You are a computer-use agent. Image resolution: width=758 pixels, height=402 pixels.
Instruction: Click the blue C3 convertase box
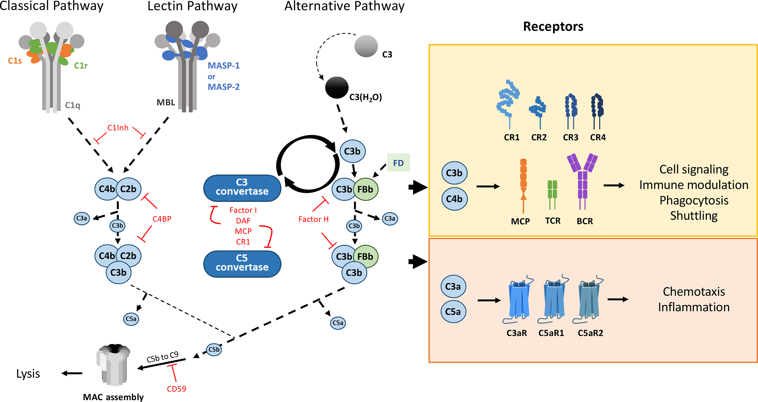(242, 188)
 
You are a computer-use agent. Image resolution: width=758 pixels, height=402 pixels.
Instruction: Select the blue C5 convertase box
(242, 263)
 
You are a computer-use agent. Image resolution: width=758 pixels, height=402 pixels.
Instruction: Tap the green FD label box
(398, 163)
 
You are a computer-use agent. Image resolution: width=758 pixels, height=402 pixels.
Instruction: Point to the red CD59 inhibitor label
(176, 389)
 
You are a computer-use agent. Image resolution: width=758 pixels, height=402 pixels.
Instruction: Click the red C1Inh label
(118, 128)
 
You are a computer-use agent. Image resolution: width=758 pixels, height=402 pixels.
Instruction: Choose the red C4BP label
(162, 219)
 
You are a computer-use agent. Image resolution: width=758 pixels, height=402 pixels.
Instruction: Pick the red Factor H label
(313, 219)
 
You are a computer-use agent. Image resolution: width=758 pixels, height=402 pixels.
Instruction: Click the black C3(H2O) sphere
(336, 88)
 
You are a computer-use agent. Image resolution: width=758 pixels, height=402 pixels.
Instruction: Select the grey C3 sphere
(366, 46)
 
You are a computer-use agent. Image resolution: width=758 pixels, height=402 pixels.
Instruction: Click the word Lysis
(28, 374)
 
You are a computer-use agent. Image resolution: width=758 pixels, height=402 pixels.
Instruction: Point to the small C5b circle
(214, 350)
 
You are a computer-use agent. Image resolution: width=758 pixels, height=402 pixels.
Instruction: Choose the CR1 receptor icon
(508, 104)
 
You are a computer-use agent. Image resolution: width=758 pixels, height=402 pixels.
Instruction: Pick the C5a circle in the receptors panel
(453, 312)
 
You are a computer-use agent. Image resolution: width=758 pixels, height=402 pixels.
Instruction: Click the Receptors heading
(553, 26)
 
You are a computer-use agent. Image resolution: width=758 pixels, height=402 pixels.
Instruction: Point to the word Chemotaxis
(693, 291)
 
